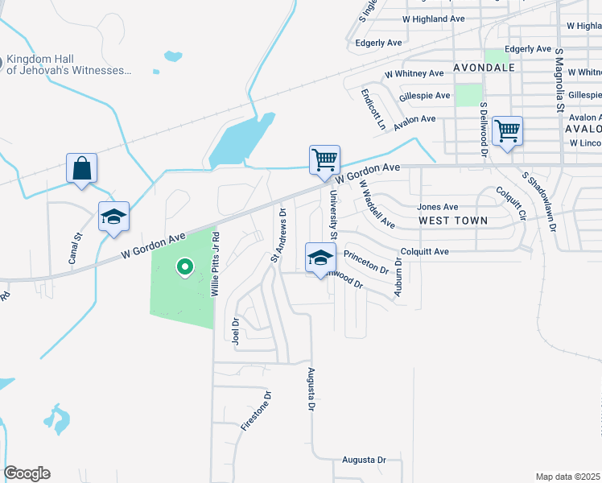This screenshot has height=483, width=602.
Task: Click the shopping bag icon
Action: coord(82,169)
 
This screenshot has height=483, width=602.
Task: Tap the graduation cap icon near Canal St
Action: coord(114,217)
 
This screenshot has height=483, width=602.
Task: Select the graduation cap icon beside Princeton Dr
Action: coord(320,258)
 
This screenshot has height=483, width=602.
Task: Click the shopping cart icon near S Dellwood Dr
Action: coord(507,130)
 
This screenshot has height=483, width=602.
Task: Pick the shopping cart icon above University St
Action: coord(324,159)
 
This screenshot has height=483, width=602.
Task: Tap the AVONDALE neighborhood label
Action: coord(484,67)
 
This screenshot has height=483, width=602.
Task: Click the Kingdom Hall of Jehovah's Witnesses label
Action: coord(68,65)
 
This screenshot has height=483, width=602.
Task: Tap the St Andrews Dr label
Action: coord(278,235)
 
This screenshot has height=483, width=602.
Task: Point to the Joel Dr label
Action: coord(236,330)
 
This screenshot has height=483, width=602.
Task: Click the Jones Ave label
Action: coord(437,207)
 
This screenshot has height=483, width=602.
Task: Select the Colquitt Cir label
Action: coord(510,204)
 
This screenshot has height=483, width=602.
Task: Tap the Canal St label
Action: coord(75,249)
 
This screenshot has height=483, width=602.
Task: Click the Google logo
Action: coord(27,473)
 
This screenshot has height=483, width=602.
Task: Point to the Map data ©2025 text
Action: coord(567,477)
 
